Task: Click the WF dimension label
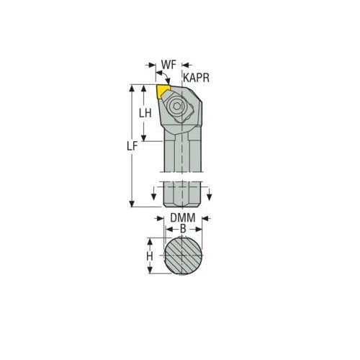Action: click(x=168, y=65)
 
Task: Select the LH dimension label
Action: click(x=145, y=113)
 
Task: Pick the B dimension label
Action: click(x=183, y=228)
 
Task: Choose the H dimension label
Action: click(x=150, y=256)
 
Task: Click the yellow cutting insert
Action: click(x=163, y=92)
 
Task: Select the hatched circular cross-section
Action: click(x=183, y=256)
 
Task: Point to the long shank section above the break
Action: click(x=183, y=155)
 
